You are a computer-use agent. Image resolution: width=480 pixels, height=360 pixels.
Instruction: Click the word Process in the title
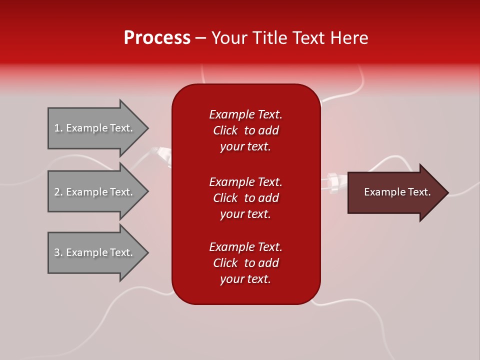point(157,38)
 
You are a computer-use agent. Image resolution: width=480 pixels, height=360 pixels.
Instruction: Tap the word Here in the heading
point(348,38)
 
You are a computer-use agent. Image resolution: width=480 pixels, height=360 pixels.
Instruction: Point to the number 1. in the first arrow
point(58,128)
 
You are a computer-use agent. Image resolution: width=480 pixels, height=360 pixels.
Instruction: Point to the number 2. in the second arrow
point(58,192)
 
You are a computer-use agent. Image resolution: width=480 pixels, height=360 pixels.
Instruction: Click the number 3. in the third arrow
point(58,252)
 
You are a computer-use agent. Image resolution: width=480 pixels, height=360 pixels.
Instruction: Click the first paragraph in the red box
point(245,130)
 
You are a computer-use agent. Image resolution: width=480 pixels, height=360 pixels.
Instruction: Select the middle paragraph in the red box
point(245,198)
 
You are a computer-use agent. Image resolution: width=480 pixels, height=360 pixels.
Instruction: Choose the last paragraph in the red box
point(245,263)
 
